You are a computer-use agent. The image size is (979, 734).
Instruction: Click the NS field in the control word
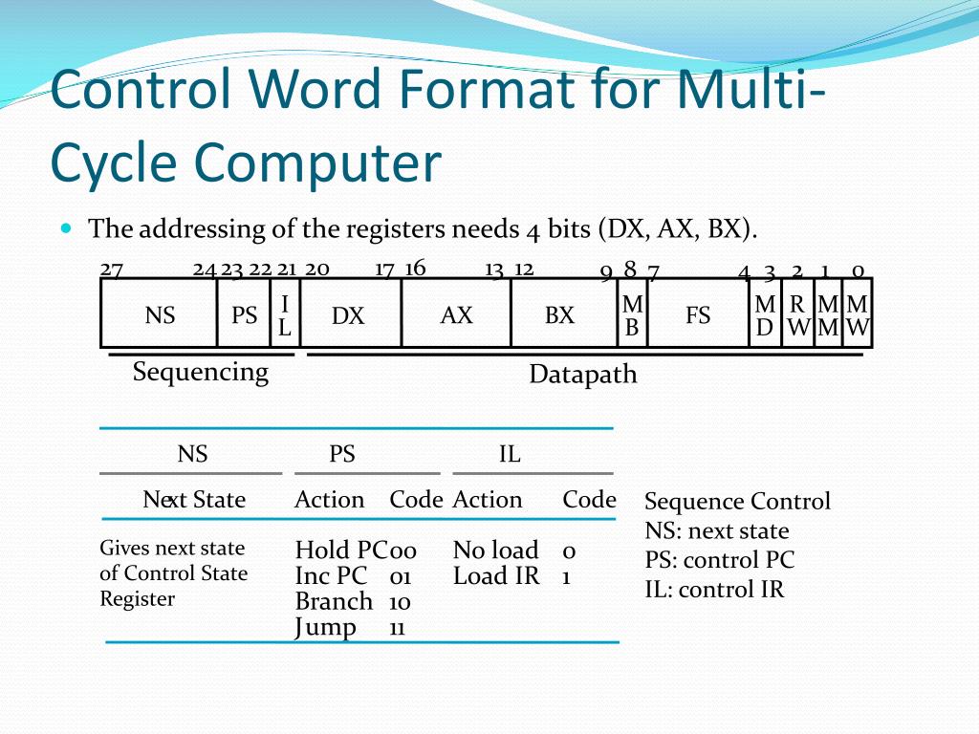160,314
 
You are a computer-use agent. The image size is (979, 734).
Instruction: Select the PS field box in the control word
245,314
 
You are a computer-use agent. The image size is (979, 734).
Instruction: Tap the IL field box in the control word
285,315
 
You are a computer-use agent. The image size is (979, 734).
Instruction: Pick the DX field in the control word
348,315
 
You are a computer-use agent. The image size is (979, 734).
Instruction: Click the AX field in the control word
456,314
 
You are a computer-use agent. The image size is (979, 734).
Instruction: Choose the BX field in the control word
559,314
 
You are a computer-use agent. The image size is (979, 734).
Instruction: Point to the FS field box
698,314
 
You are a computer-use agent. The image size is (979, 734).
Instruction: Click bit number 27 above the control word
111,269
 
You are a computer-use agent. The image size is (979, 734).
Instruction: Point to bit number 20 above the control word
317,269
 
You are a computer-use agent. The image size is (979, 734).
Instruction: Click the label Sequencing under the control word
201,371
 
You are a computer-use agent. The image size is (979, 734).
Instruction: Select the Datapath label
583,375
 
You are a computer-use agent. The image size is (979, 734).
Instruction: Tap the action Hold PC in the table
339,550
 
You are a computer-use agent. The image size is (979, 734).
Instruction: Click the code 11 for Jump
398,628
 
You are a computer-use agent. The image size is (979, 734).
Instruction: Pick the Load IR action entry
496,576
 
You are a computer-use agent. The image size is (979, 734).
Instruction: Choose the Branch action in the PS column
334,601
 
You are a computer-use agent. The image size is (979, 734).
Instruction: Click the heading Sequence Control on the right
737,502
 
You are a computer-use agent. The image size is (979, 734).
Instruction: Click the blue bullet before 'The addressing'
66,228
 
